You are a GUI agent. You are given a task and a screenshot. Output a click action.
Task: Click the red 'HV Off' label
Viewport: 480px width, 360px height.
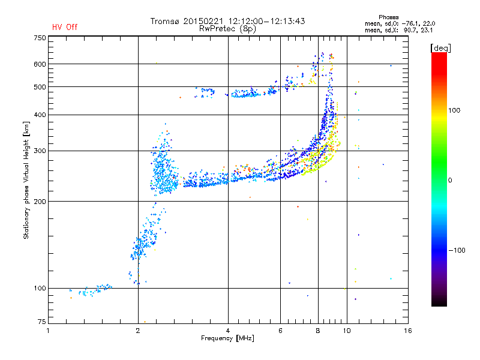pyautogui.click(x=65, y=27)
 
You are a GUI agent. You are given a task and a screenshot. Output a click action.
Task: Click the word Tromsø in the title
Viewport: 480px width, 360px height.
pyautogui.click(x=166, y=21)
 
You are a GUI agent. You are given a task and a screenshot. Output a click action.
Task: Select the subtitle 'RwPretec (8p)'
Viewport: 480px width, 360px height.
pyautogui.click(x=228, y=29)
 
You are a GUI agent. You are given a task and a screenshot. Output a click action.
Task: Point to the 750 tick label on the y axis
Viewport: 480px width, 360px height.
pyautogui.click(x=40, y=38)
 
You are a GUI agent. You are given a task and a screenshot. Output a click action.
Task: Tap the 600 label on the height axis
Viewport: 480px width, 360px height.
pyautogui.click(x=40, y=64)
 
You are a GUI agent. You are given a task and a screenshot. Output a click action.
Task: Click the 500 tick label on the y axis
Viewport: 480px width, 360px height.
pyautogui.click(x=40, y=87)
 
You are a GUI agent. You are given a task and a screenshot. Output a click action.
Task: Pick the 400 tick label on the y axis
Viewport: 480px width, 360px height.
pyautogui.click(x=40, y=115)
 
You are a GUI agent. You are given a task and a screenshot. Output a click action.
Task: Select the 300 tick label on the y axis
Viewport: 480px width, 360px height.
pyautogui.click(x=40, y=151)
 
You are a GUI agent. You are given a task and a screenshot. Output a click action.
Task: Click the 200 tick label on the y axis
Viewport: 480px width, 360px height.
pyautogui.click(x=40, y=202)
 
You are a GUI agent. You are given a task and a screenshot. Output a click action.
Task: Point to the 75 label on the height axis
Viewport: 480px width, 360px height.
pyautogui.click(x=42, y=322)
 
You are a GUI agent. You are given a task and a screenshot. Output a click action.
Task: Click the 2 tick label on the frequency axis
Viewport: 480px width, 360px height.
pyautogui.click(x=138, y=331)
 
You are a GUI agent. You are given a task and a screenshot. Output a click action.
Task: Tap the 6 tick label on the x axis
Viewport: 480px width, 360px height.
pyautogui.click(x=280, y=331)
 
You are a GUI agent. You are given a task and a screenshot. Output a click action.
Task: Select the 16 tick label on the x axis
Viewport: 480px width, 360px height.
pyautogui.click(x=408, y=331)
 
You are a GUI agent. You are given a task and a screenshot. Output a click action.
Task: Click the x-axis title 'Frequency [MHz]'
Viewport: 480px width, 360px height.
pyautogui.click(x=228, y=338)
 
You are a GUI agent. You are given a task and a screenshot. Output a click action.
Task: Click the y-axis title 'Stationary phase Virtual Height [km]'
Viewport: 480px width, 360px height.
pyautogui.click(x=26, y=180)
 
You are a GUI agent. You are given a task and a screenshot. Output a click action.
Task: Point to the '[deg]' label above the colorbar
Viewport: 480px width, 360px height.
pyautogui.click(x=440, y=48)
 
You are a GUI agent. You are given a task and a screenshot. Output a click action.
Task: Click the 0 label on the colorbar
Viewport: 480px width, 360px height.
pyautogui.click(x=450, y=180)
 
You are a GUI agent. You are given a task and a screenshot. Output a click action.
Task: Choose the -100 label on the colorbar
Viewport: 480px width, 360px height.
pyautogui.click(x=457, y=250)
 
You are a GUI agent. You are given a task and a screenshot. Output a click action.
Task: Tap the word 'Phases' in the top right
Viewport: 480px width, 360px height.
pyautogui.click(x=389, y=17)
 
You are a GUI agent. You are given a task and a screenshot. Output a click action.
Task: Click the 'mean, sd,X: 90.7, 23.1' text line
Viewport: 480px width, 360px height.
pyautogui.click(x=399, y=31)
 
